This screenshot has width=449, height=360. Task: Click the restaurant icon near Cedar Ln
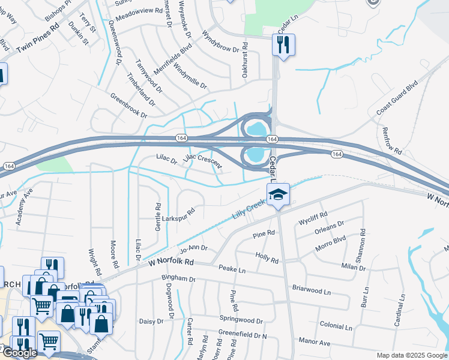click(x=283, y=44)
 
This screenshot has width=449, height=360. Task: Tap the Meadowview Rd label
click(x=139, y=11)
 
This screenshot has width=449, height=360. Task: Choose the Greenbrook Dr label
click(x=128, y=105)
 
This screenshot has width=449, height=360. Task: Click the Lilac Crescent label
click(x=203, y=161)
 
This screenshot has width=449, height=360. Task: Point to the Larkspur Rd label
click(x=179, y=215)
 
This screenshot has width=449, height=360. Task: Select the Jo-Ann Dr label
click(x=193, y=248)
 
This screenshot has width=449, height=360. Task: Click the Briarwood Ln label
click(x=312, y=290)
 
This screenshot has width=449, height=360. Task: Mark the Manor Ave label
click(x=316, y=343)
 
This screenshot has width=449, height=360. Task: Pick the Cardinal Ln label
click(x=399, y=311)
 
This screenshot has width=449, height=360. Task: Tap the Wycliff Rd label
click(x=313, y=218)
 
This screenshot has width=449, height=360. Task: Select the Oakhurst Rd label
click(x=244, y=60)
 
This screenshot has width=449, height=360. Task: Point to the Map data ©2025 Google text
click(x=412, y=355)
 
